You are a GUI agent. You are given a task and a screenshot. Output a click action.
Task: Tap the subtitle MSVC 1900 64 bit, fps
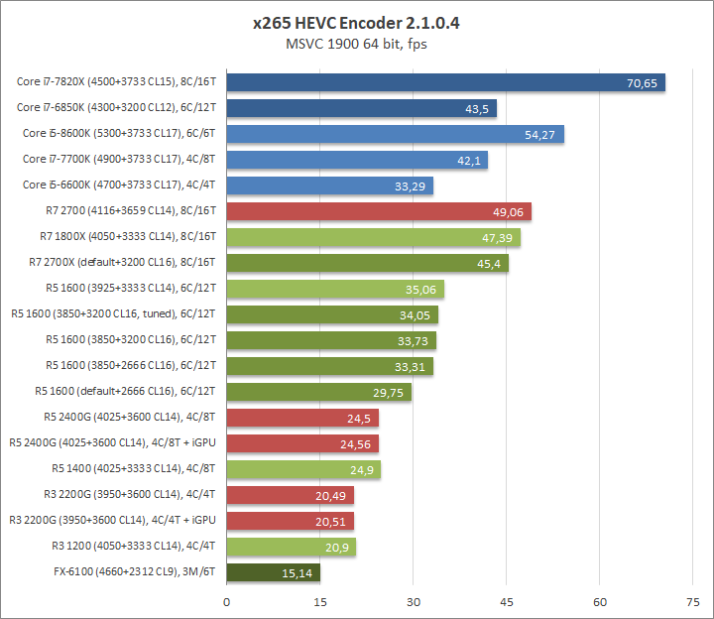coord(356,43)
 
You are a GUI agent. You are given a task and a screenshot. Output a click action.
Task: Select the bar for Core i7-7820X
coord(445,82)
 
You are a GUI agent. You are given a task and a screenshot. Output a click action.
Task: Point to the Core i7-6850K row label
coord(118,108)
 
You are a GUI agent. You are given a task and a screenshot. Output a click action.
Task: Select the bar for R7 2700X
coord(367,263)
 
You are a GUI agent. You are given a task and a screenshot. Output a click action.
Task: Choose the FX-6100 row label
coord(136,572)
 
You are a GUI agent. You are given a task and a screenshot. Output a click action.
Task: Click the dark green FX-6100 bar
coord(274,572)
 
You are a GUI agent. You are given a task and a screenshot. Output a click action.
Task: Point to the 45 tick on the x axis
coord(507,601)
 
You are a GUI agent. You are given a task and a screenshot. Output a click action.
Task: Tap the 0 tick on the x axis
coord(227,601)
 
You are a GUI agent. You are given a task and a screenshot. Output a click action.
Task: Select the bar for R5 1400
coord(303,469)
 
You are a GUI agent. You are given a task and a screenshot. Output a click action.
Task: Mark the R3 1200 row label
coord(135,547)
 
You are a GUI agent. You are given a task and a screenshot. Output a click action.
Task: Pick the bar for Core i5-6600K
coord(329,186)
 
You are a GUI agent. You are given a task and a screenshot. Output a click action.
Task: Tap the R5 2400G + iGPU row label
coord(114,443)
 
